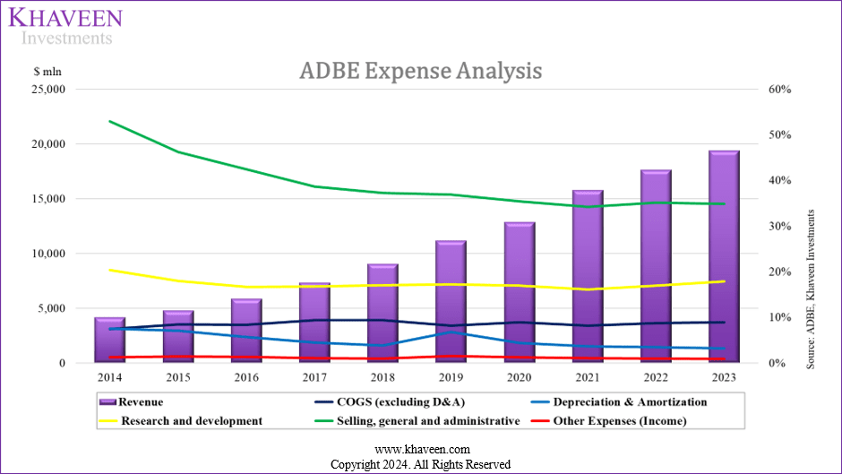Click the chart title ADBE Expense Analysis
(x=420, y=71)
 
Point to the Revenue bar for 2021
(x=587, y=278)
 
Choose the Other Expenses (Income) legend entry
(x=619, y=420)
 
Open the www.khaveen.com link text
(x=421, y=450)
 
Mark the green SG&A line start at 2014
(x=109, y=121)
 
